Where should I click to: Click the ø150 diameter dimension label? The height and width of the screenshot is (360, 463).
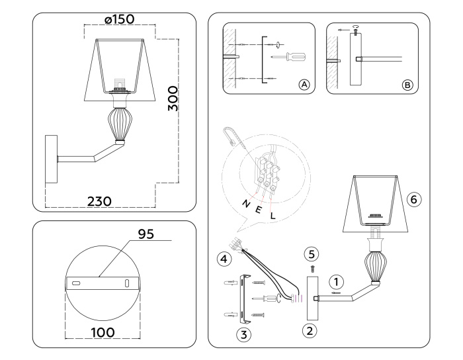pos(119,19)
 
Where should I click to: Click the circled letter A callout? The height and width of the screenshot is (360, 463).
pos(304,85)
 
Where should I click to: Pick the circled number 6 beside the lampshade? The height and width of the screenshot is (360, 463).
pos(414,198)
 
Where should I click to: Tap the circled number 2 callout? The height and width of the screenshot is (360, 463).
pos(308,329)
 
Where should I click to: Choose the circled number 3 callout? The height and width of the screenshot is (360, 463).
pos(244,334)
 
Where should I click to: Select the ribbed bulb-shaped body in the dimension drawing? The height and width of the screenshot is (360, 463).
pos(119,123)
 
